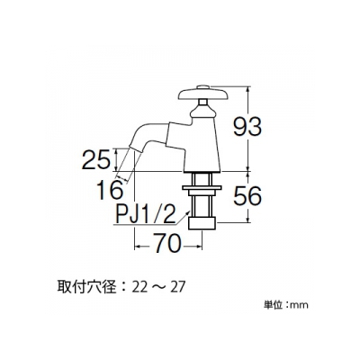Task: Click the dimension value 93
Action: click(247, 126)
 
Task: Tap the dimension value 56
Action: click(247, 195)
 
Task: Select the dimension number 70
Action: click(168, 243)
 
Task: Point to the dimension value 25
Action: click(96, 159)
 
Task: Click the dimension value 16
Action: click(110, 190)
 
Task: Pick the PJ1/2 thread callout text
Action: click(146, 213)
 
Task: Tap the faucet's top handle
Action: click(204, 94)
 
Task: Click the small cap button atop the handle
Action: click(203, 87)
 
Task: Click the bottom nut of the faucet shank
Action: click(202, 223)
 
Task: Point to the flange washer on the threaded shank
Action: click(202, 188)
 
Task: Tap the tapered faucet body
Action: click(202, 145)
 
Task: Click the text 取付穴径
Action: click(86, 288)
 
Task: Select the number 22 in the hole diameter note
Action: click(140, 288)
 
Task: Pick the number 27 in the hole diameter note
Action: click(177, 288)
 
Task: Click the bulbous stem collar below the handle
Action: click(202, 112)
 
